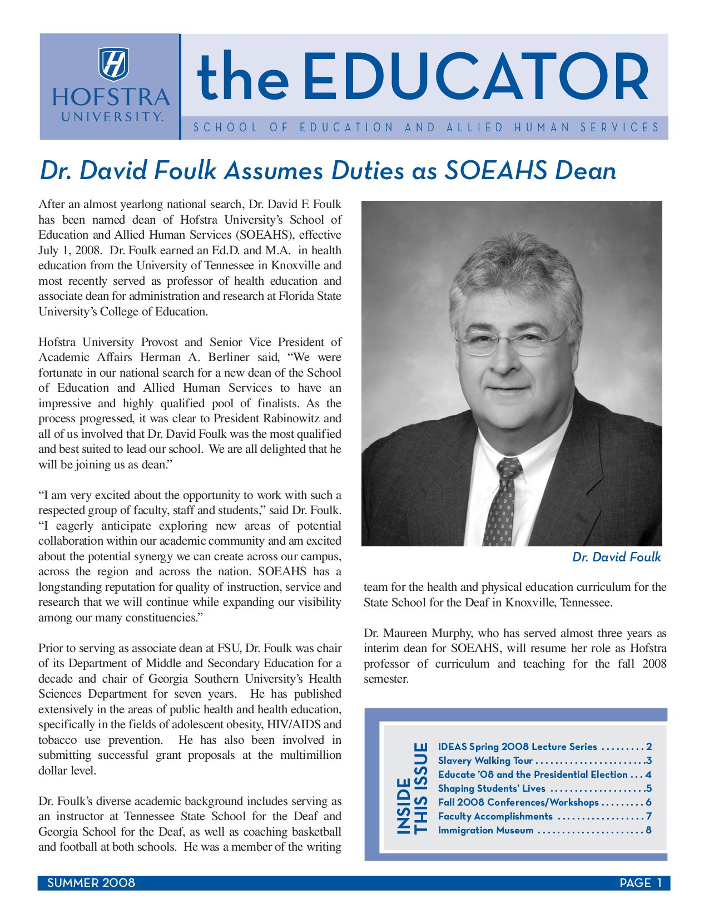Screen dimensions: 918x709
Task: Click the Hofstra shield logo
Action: click(114, 64)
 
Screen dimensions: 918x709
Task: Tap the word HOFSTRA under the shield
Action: click(111, 97)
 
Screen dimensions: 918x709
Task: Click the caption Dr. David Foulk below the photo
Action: click(616, 557)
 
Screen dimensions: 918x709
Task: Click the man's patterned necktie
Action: click(503, 501)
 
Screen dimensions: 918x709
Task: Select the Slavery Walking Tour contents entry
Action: click(485, 761)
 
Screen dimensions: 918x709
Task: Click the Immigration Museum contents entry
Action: click(485, 830)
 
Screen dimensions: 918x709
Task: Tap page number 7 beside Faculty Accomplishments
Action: click(648, 816)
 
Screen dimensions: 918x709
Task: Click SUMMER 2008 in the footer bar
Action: click(91, 883)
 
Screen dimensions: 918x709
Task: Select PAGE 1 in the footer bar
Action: click(641, 883)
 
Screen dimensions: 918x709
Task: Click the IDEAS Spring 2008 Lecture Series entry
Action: click(517, 747)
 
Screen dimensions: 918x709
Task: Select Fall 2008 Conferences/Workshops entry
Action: click(518, 802)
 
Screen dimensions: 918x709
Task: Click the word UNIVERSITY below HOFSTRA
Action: click(112, 117)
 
